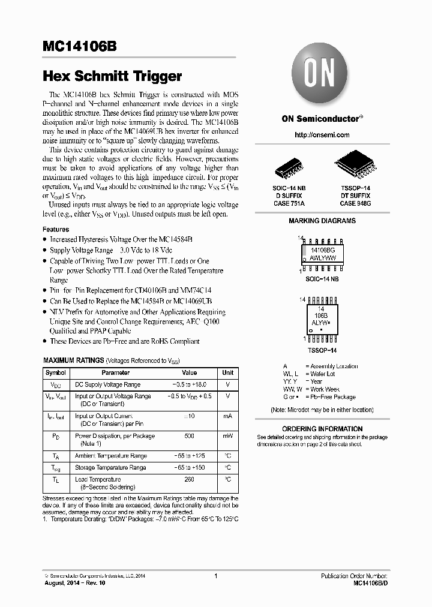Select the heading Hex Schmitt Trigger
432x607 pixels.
112,76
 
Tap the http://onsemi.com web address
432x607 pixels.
322,135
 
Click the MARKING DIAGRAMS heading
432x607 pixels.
322,221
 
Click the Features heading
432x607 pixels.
56,229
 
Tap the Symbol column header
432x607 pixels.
56,372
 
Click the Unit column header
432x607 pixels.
228,372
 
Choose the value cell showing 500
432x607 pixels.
190,436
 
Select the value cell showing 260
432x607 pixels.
190,479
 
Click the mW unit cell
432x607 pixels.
228,436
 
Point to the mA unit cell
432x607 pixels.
228,416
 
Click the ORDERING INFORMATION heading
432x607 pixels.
322,429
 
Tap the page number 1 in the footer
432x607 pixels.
215,576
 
